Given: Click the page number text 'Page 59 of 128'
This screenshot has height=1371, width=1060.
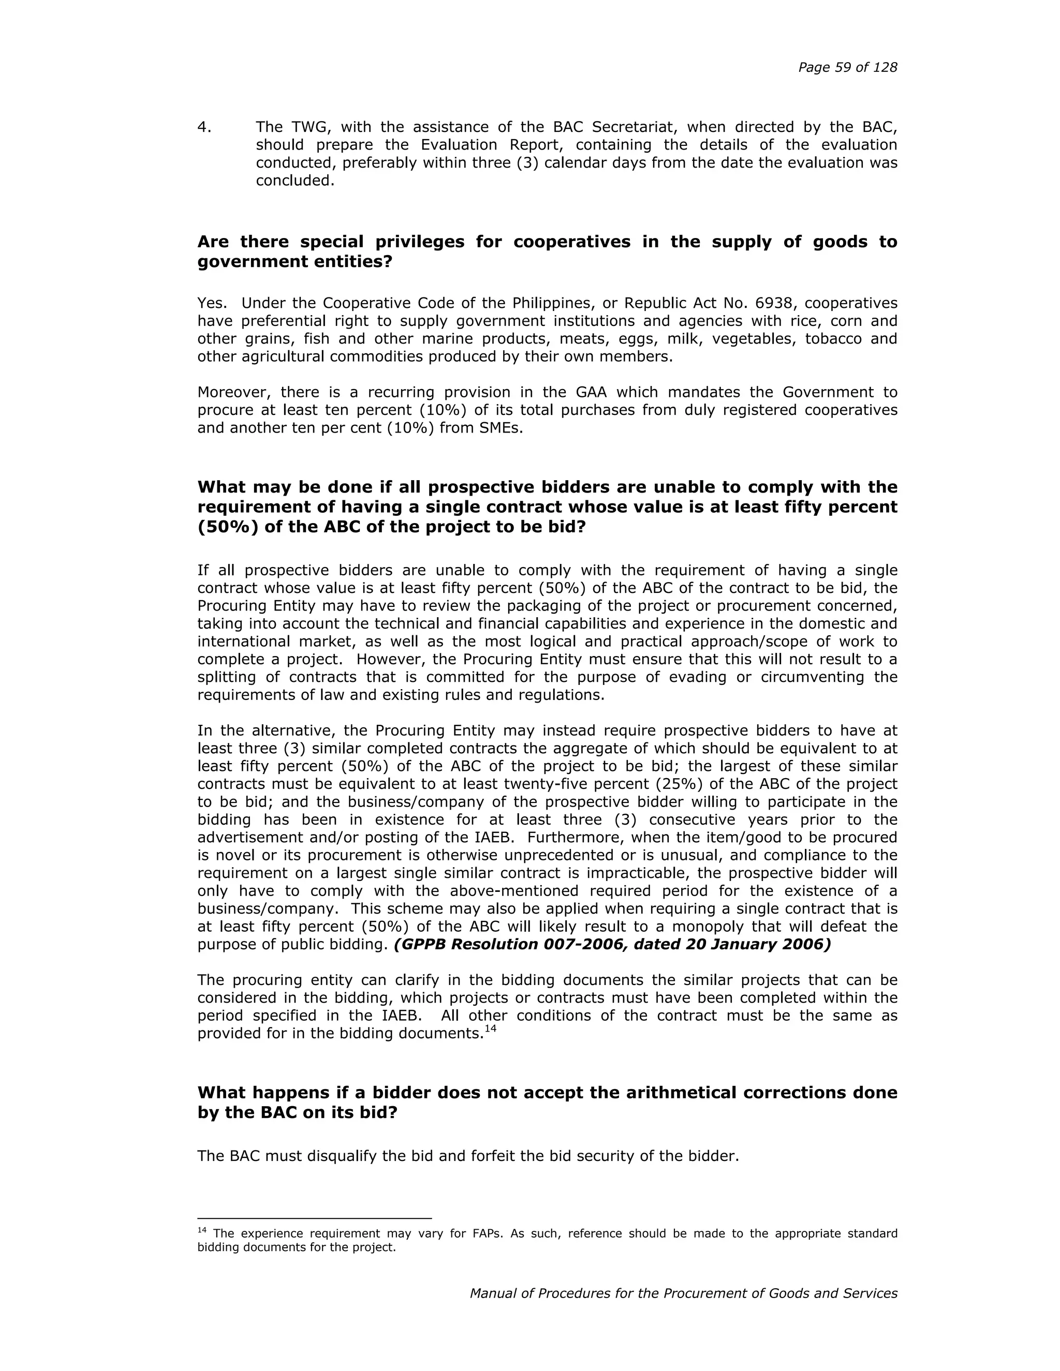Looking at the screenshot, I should (847, 67).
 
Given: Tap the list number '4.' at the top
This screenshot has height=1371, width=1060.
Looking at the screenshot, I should (204, 127).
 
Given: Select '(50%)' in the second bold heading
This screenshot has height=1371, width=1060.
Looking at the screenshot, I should (227, 527).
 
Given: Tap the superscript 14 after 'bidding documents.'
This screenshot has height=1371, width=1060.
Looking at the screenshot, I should (491, 1029).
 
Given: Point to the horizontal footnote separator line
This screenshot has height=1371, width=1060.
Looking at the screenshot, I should (314, 1218).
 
